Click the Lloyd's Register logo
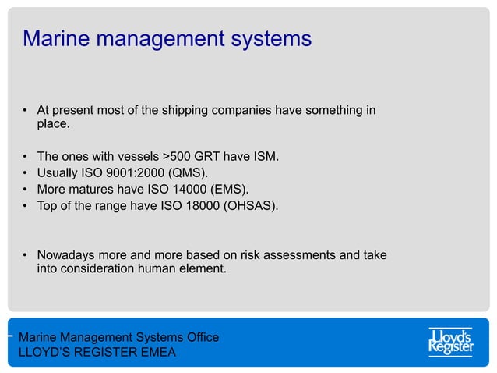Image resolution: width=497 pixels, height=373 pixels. [x=450, y=342]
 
